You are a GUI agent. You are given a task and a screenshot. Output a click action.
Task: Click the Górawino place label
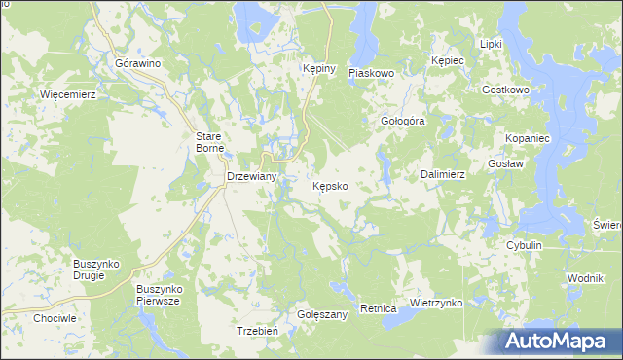137,63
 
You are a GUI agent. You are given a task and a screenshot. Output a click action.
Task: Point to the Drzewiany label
252,177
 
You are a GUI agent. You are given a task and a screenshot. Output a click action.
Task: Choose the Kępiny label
318,69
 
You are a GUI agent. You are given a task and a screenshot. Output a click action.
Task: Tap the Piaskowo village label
370,72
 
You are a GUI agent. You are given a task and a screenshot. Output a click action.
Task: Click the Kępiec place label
448,60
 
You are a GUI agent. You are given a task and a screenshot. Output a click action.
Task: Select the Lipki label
491,45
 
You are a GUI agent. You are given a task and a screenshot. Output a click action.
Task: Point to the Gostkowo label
505,90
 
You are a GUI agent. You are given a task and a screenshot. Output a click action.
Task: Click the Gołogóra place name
403,122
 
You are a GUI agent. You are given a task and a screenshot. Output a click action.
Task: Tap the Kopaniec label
529,139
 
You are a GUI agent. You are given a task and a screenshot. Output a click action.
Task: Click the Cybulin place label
524,246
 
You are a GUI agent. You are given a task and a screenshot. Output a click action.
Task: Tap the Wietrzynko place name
435,303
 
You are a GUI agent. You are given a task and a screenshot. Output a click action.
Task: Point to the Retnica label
378,308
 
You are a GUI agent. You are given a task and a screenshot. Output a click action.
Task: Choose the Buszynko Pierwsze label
161,295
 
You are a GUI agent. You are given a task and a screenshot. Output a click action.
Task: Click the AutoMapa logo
559,341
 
